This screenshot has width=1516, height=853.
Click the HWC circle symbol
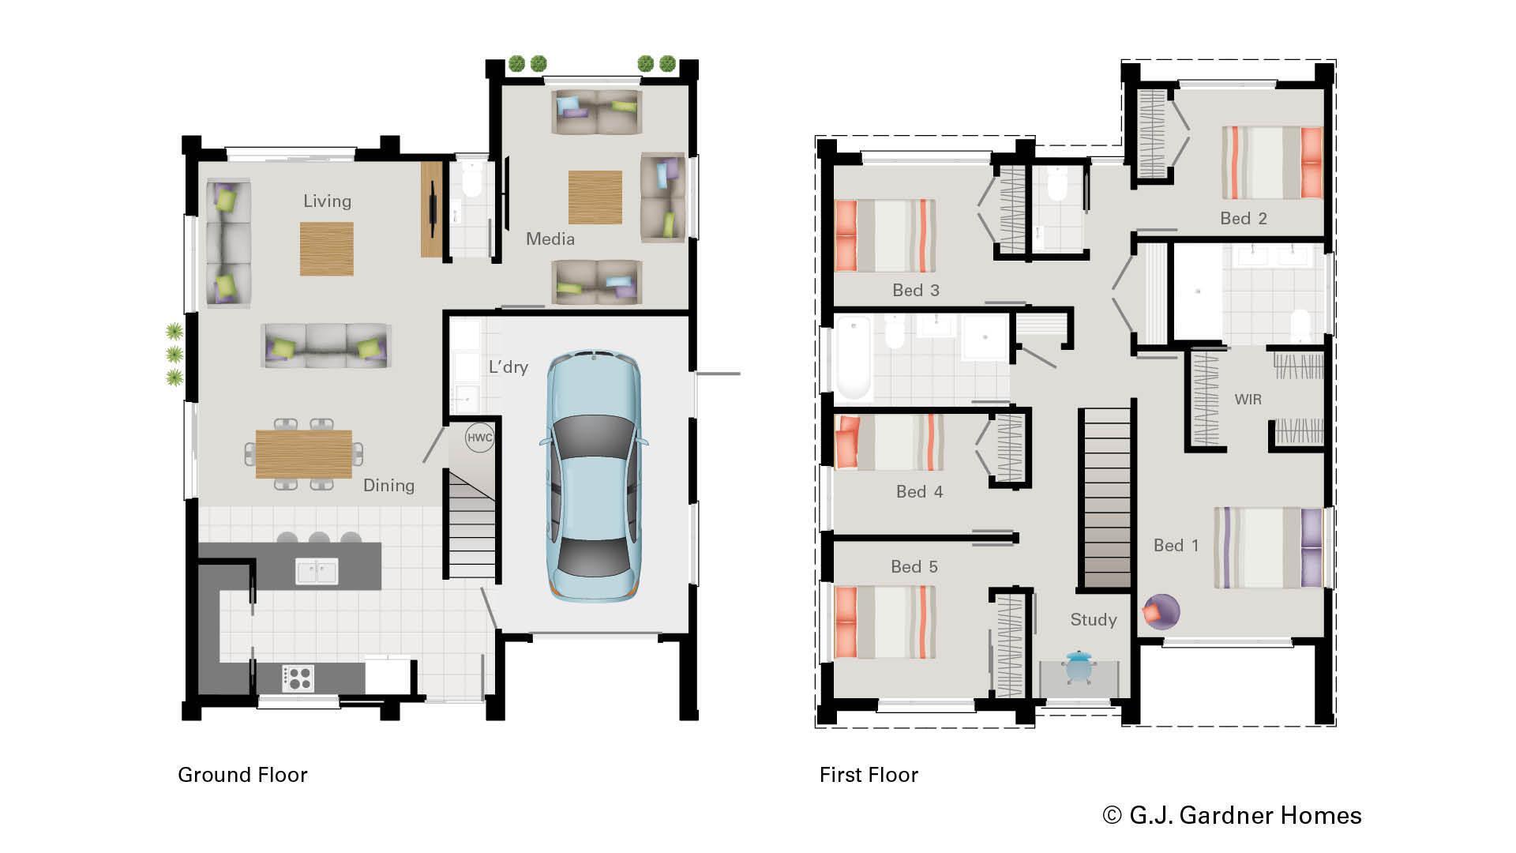pos(479,438)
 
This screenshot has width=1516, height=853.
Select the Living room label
pos(327,201)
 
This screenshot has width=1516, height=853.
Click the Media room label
pos(550,239)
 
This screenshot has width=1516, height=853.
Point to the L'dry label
pos(508,367)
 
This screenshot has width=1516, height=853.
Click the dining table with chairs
pos(304,454)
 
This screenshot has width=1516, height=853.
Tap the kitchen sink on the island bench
pos(317,570)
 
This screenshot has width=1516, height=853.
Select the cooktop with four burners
pos(298,678)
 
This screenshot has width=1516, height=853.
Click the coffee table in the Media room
pos(595,197)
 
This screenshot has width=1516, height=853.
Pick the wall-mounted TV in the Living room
pos(433,209)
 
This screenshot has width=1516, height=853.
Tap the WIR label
pos(1248,400)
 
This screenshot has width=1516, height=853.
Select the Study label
pos(1093,620)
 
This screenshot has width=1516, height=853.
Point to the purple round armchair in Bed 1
pos(1161,611)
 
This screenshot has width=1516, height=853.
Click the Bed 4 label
pos(919,492)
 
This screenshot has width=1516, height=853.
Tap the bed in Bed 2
pos(1271,163)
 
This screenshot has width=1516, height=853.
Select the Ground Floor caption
pos(242,775)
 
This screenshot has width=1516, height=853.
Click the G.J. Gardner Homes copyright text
pos(1232,815)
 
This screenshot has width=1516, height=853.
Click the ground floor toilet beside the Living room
pos(472,183)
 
